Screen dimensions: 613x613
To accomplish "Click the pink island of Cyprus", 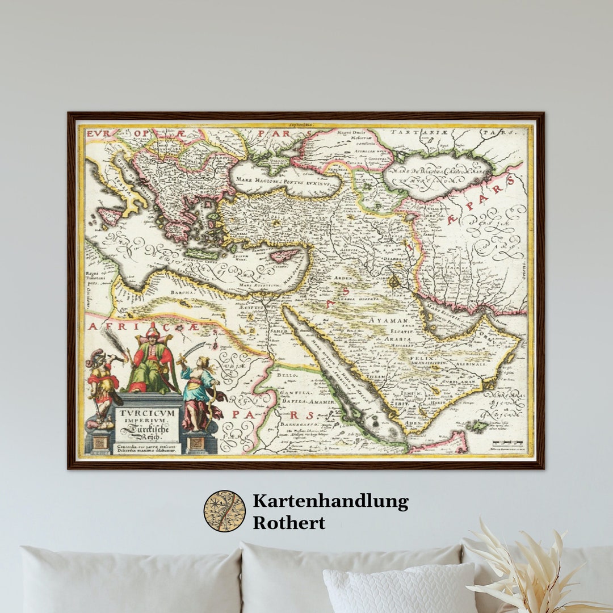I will [x=283, y=255].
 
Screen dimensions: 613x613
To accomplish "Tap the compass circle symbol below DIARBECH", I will [x=394, y=280].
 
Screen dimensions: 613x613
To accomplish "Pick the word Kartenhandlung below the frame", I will [x=330, y=501].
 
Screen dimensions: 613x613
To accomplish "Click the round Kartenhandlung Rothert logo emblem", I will [x=225, y=511].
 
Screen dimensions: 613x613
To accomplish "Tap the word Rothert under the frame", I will [x=289, y=523].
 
